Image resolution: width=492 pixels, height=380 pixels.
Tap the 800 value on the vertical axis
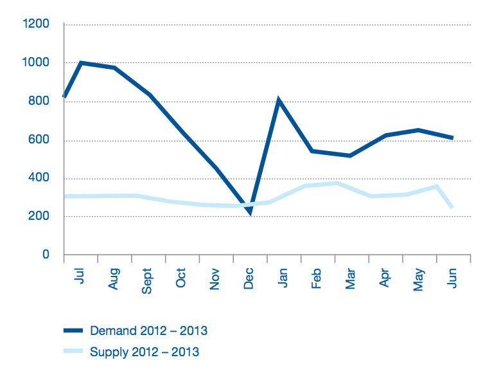point(39,102)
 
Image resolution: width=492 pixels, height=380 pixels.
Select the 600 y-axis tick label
point(39,140)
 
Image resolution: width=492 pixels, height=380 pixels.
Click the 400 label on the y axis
point(39,178)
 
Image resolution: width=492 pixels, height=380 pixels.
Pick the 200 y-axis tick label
point(39,217)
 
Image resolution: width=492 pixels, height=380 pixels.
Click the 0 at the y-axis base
point(46,255)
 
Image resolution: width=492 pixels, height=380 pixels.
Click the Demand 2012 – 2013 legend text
point(148,331)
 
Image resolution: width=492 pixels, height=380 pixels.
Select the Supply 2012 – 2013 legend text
point(145,352)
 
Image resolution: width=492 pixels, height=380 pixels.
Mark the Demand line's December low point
point(249,212)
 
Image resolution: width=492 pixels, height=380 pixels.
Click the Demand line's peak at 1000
point(81,63)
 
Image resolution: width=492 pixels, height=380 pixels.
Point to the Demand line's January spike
point(278,101)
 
